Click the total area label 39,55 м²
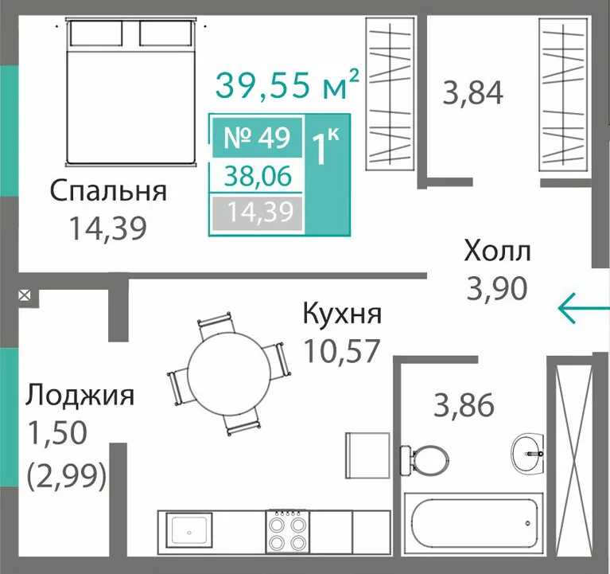click(287, 84)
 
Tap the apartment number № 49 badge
click(257, 138)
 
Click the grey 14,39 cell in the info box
click(257, 213)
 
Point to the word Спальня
click(108, 191)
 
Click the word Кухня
click(342, 314)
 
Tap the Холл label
click(497, 251)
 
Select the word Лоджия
click(80, 395)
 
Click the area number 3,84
click(473, 92)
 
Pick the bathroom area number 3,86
click(464, 405)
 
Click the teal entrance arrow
click(584, 308)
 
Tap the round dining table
click(229, 369)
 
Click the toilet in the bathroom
click(425, 460)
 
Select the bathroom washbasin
click(528, 453)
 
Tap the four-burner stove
click(287, 532)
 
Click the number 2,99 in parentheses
click(67, 476)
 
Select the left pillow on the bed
click(96, 33)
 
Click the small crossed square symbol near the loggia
click(25, 295)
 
